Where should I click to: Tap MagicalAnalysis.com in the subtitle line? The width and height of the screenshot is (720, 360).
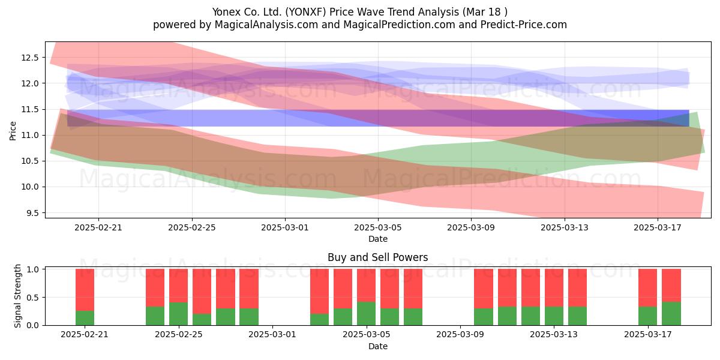(266, 25)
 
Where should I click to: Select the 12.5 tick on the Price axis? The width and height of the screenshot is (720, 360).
(29, 58)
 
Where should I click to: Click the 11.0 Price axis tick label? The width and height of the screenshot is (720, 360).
(29, 135)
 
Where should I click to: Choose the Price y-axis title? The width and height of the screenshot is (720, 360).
(13, 131)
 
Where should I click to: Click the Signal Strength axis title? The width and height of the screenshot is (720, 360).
(17, 296)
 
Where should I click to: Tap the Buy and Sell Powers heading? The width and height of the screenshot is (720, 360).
(377, 257)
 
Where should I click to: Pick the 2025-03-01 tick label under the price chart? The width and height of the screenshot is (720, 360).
(285, 227)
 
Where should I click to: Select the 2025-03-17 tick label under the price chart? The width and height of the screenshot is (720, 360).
(658, 227)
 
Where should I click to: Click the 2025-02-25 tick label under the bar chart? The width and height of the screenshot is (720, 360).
(179, 334)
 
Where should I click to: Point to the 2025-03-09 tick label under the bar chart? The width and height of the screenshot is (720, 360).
(460, 334)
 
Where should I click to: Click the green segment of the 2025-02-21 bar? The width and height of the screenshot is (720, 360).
(85, 318)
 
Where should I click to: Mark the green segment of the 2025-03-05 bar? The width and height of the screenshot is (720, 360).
(367, 313)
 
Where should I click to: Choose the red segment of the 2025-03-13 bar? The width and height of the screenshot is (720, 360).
(554, 288)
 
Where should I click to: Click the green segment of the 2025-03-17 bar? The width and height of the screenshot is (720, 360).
(647, 316)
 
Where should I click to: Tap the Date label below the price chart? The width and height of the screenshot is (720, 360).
(377, 239)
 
